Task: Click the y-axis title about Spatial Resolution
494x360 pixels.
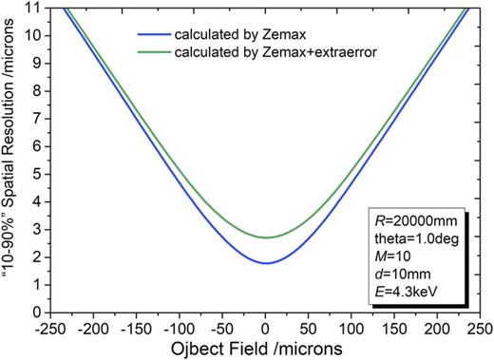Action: [10, 160]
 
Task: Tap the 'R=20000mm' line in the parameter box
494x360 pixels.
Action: [416, 218]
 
